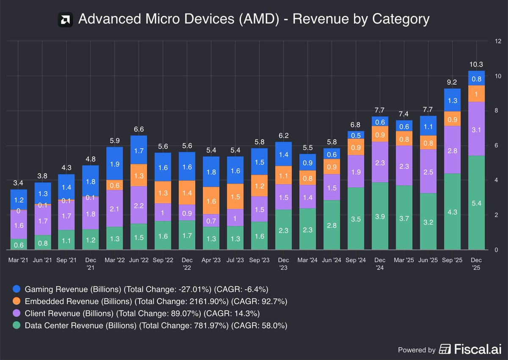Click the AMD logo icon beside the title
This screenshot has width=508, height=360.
65,20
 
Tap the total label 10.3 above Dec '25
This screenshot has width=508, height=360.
476,64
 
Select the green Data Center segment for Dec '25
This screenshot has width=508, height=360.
477,202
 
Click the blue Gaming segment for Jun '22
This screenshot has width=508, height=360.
138,150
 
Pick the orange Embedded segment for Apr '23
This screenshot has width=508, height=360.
211,200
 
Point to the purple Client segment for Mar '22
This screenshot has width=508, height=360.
115,208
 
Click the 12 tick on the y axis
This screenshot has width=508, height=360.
498,41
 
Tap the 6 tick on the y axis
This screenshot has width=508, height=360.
496,145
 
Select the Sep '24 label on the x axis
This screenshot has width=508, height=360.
356,260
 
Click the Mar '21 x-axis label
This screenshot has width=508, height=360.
18,260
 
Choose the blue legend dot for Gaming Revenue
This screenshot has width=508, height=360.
17,289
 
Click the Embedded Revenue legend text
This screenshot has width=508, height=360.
156,301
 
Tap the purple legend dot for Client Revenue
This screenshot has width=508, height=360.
17,313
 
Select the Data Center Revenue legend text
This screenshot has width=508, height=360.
156,325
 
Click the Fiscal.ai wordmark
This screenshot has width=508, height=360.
478,349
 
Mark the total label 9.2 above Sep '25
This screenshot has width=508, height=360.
452,82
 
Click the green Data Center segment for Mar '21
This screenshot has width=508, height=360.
19,244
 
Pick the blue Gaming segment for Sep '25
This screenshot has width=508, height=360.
452,100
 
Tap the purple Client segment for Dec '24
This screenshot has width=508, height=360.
380,162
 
